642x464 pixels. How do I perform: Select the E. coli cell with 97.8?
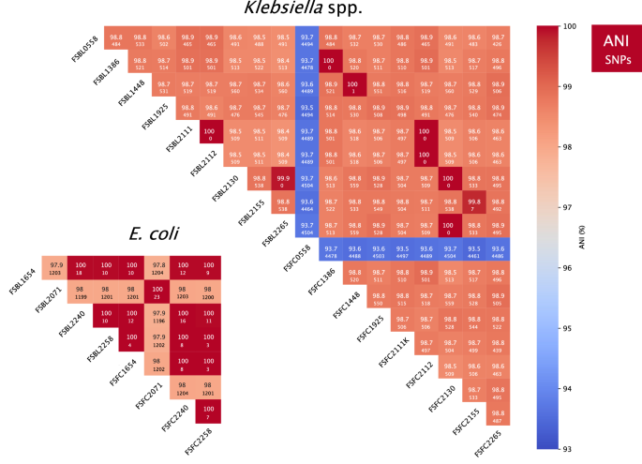tap(158, 268)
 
